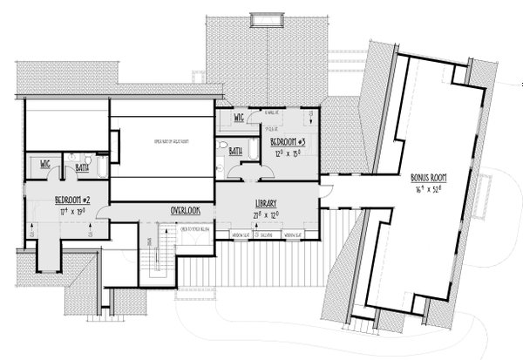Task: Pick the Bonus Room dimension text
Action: pyautogui.click(x=430, y=188)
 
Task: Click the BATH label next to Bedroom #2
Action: pyautogui.click(x=82, y=164)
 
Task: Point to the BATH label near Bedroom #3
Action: pyautogui.click(x=235, y=151)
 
